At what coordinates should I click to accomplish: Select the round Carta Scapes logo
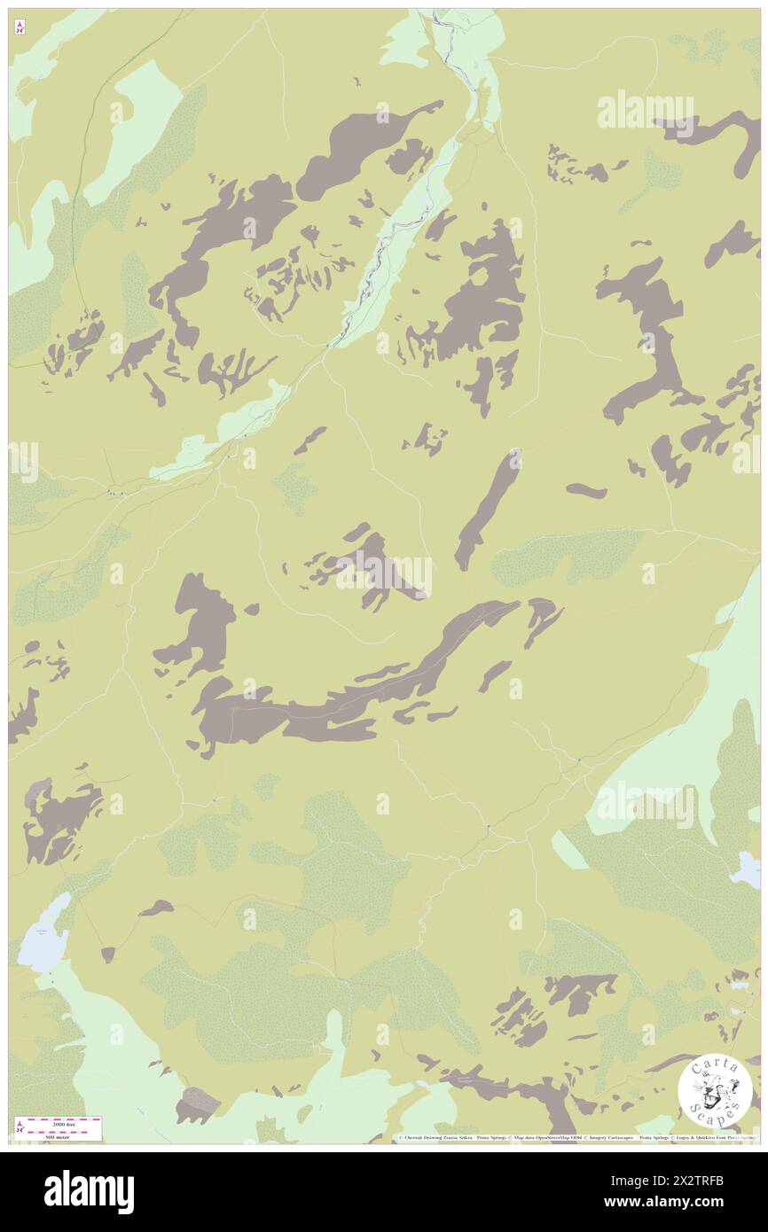(x=715, y=1090)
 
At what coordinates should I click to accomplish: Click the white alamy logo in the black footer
(x=90, y=1191)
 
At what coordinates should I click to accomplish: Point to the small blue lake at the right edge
(x=746, y=869)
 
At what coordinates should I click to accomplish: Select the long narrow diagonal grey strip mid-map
(x=486, y=510)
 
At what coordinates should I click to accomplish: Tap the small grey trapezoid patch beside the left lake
(x=108, y=955)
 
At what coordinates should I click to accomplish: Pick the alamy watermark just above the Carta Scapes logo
(x=645, y=804)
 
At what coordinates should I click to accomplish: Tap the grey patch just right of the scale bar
(x=197, y=1105)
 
